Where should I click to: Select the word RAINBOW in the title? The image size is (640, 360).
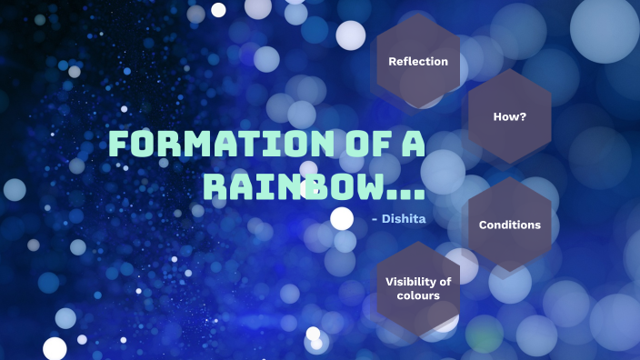pyautogui.click(x=290, y=186)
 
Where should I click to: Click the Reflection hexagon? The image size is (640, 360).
pyautogui.click(x=418, y=61)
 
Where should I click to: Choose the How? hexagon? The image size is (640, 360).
pyautogui.click(x=509, y=116)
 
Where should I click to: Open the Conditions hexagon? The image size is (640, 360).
pyautogui.click(x=509, y=225)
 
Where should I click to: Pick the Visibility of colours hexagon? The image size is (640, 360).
pyautogui.click(x=418, y=288)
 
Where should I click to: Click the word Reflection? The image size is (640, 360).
pyautogui.click(x=418, y=61)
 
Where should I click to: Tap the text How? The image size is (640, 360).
pyautogui.click(x=509, y=116)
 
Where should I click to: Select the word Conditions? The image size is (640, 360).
pyautogui.click(x=509, y=225)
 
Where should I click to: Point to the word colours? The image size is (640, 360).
pyautogui.click(x=418, y=295)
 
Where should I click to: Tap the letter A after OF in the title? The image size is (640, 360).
pyautogui.click(x=412, y=145)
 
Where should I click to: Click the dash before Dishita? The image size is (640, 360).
pyautogui.click(x=375, y=218)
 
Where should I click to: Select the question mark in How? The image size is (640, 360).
pyautogui.click(x=523, y=116)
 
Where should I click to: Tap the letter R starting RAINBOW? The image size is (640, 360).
pyautogui.click(x=215, y=186)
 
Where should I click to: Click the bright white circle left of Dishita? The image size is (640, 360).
pyautogui.click(x=342, y=218)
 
